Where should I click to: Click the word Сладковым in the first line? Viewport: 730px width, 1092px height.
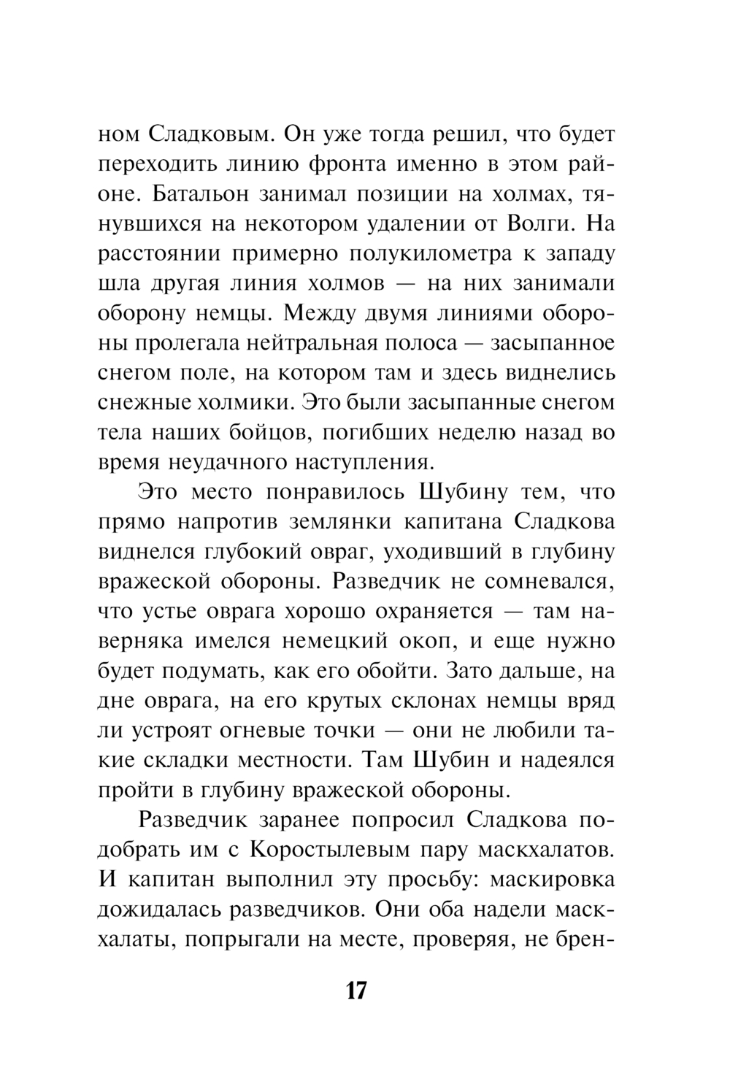[212, 134]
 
